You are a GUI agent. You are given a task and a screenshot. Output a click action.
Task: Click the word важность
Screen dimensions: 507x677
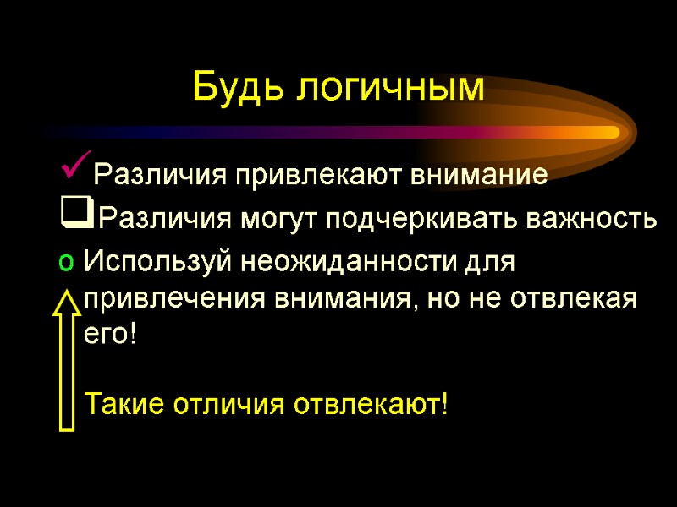pyautogui.click(x=592, y=221)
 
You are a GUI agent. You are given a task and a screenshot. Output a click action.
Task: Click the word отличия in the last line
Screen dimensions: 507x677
pyautogui.click(x=229, y=404)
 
